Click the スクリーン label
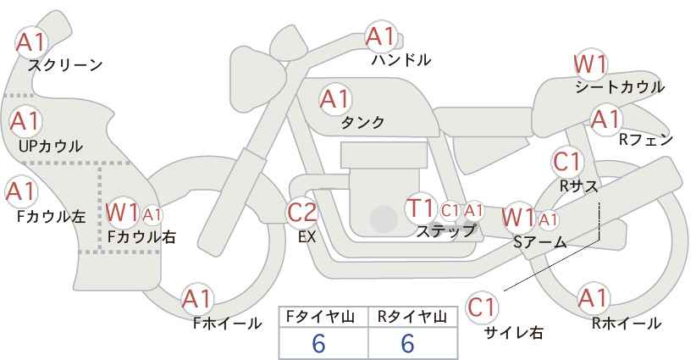(65, 66)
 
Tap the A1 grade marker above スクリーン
(31, 42)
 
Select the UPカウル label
(51, 147)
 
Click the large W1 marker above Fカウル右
(122, 213)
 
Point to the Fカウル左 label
(51, 217)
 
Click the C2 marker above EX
(302, 212)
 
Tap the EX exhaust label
(307, 237)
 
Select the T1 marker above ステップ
(420, 208)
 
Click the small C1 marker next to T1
(450, 210)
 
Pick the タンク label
(362, 122)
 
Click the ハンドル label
(401, 59)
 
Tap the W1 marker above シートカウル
(590, 64)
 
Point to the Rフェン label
(646, 140)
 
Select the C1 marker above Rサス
(566, 161)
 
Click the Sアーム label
(539, 242)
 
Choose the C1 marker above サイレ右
(482, 307)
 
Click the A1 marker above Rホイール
(593, 298)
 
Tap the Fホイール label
(227, 324)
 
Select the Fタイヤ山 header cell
(323, 317)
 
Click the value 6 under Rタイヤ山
(407, 343)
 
